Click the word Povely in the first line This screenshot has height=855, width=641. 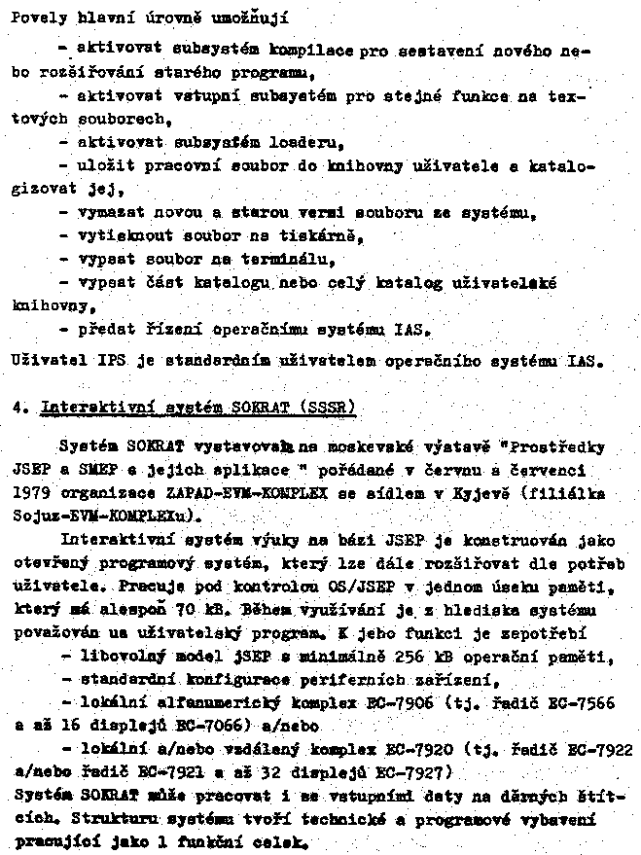[31, 17]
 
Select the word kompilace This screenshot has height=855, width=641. [313, 48]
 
